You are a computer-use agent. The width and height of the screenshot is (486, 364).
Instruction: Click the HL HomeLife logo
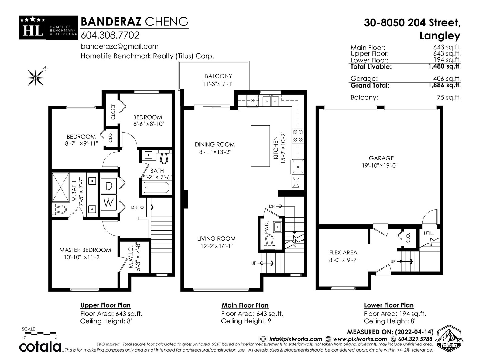pos(49,28)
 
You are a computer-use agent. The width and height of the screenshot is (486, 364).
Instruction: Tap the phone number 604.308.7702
pos(110,35)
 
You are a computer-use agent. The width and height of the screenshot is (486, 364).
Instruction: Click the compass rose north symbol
pos(36,77)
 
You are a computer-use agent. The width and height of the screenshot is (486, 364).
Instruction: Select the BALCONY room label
pos(218,76)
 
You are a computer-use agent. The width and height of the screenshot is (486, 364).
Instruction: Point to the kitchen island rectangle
pos(260,146)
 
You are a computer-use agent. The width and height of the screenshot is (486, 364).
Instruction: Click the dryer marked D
pos(109,186)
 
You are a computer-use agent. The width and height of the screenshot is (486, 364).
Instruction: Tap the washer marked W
pos(109,202)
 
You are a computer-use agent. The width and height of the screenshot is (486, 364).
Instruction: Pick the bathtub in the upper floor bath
pos(156,188)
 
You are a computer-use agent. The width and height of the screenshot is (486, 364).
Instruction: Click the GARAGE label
pos(381,158)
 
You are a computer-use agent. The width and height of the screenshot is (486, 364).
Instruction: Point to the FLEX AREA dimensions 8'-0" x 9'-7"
pos(344,260)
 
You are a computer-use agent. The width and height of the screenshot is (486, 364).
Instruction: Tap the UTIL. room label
pos(429,233)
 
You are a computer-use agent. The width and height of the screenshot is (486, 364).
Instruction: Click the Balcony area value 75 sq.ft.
pos(449,97)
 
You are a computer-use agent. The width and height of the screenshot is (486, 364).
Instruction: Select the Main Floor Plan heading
pos(245,305)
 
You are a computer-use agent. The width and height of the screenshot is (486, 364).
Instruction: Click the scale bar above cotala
pos(39,332)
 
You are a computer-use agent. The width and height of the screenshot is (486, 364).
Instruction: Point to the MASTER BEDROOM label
pos(85,250)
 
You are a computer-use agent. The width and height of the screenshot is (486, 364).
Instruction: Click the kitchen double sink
pos(271,101)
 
